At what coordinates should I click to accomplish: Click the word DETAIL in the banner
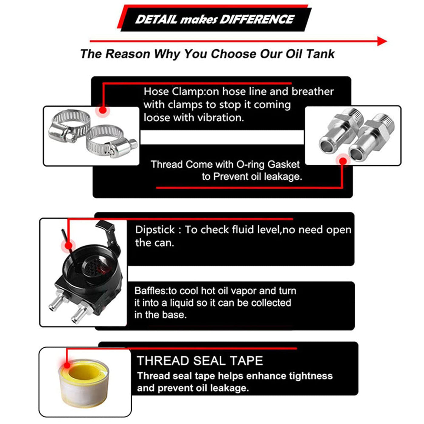[156, 20]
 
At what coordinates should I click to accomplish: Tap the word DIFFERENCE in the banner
[257, 20]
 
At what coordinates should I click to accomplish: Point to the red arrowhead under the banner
[382, 41]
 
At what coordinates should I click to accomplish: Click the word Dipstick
[155, 230]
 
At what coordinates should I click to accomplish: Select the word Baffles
[151, 291]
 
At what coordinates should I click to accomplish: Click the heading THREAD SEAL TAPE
[200, 361]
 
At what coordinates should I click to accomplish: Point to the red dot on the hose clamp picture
[103, 110]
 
